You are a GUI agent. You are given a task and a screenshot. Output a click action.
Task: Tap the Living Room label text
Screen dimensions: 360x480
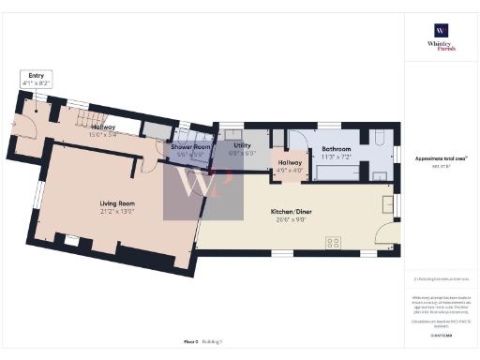119,203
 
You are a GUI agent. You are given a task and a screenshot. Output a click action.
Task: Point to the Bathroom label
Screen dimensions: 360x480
337,149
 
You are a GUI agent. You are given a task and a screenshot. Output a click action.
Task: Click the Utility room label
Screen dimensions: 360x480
243,146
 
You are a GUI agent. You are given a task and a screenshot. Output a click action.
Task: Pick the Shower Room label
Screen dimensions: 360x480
190,147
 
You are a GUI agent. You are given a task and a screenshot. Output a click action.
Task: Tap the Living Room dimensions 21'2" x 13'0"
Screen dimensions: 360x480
119,212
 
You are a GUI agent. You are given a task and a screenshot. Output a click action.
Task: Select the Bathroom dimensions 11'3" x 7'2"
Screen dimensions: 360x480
337,157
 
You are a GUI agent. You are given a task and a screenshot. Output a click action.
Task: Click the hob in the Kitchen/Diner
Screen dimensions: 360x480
332,244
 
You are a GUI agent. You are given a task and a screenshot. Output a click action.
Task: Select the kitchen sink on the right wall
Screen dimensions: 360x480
387,202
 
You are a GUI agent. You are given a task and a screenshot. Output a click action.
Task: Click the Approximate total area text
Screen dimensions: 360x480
441,158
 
